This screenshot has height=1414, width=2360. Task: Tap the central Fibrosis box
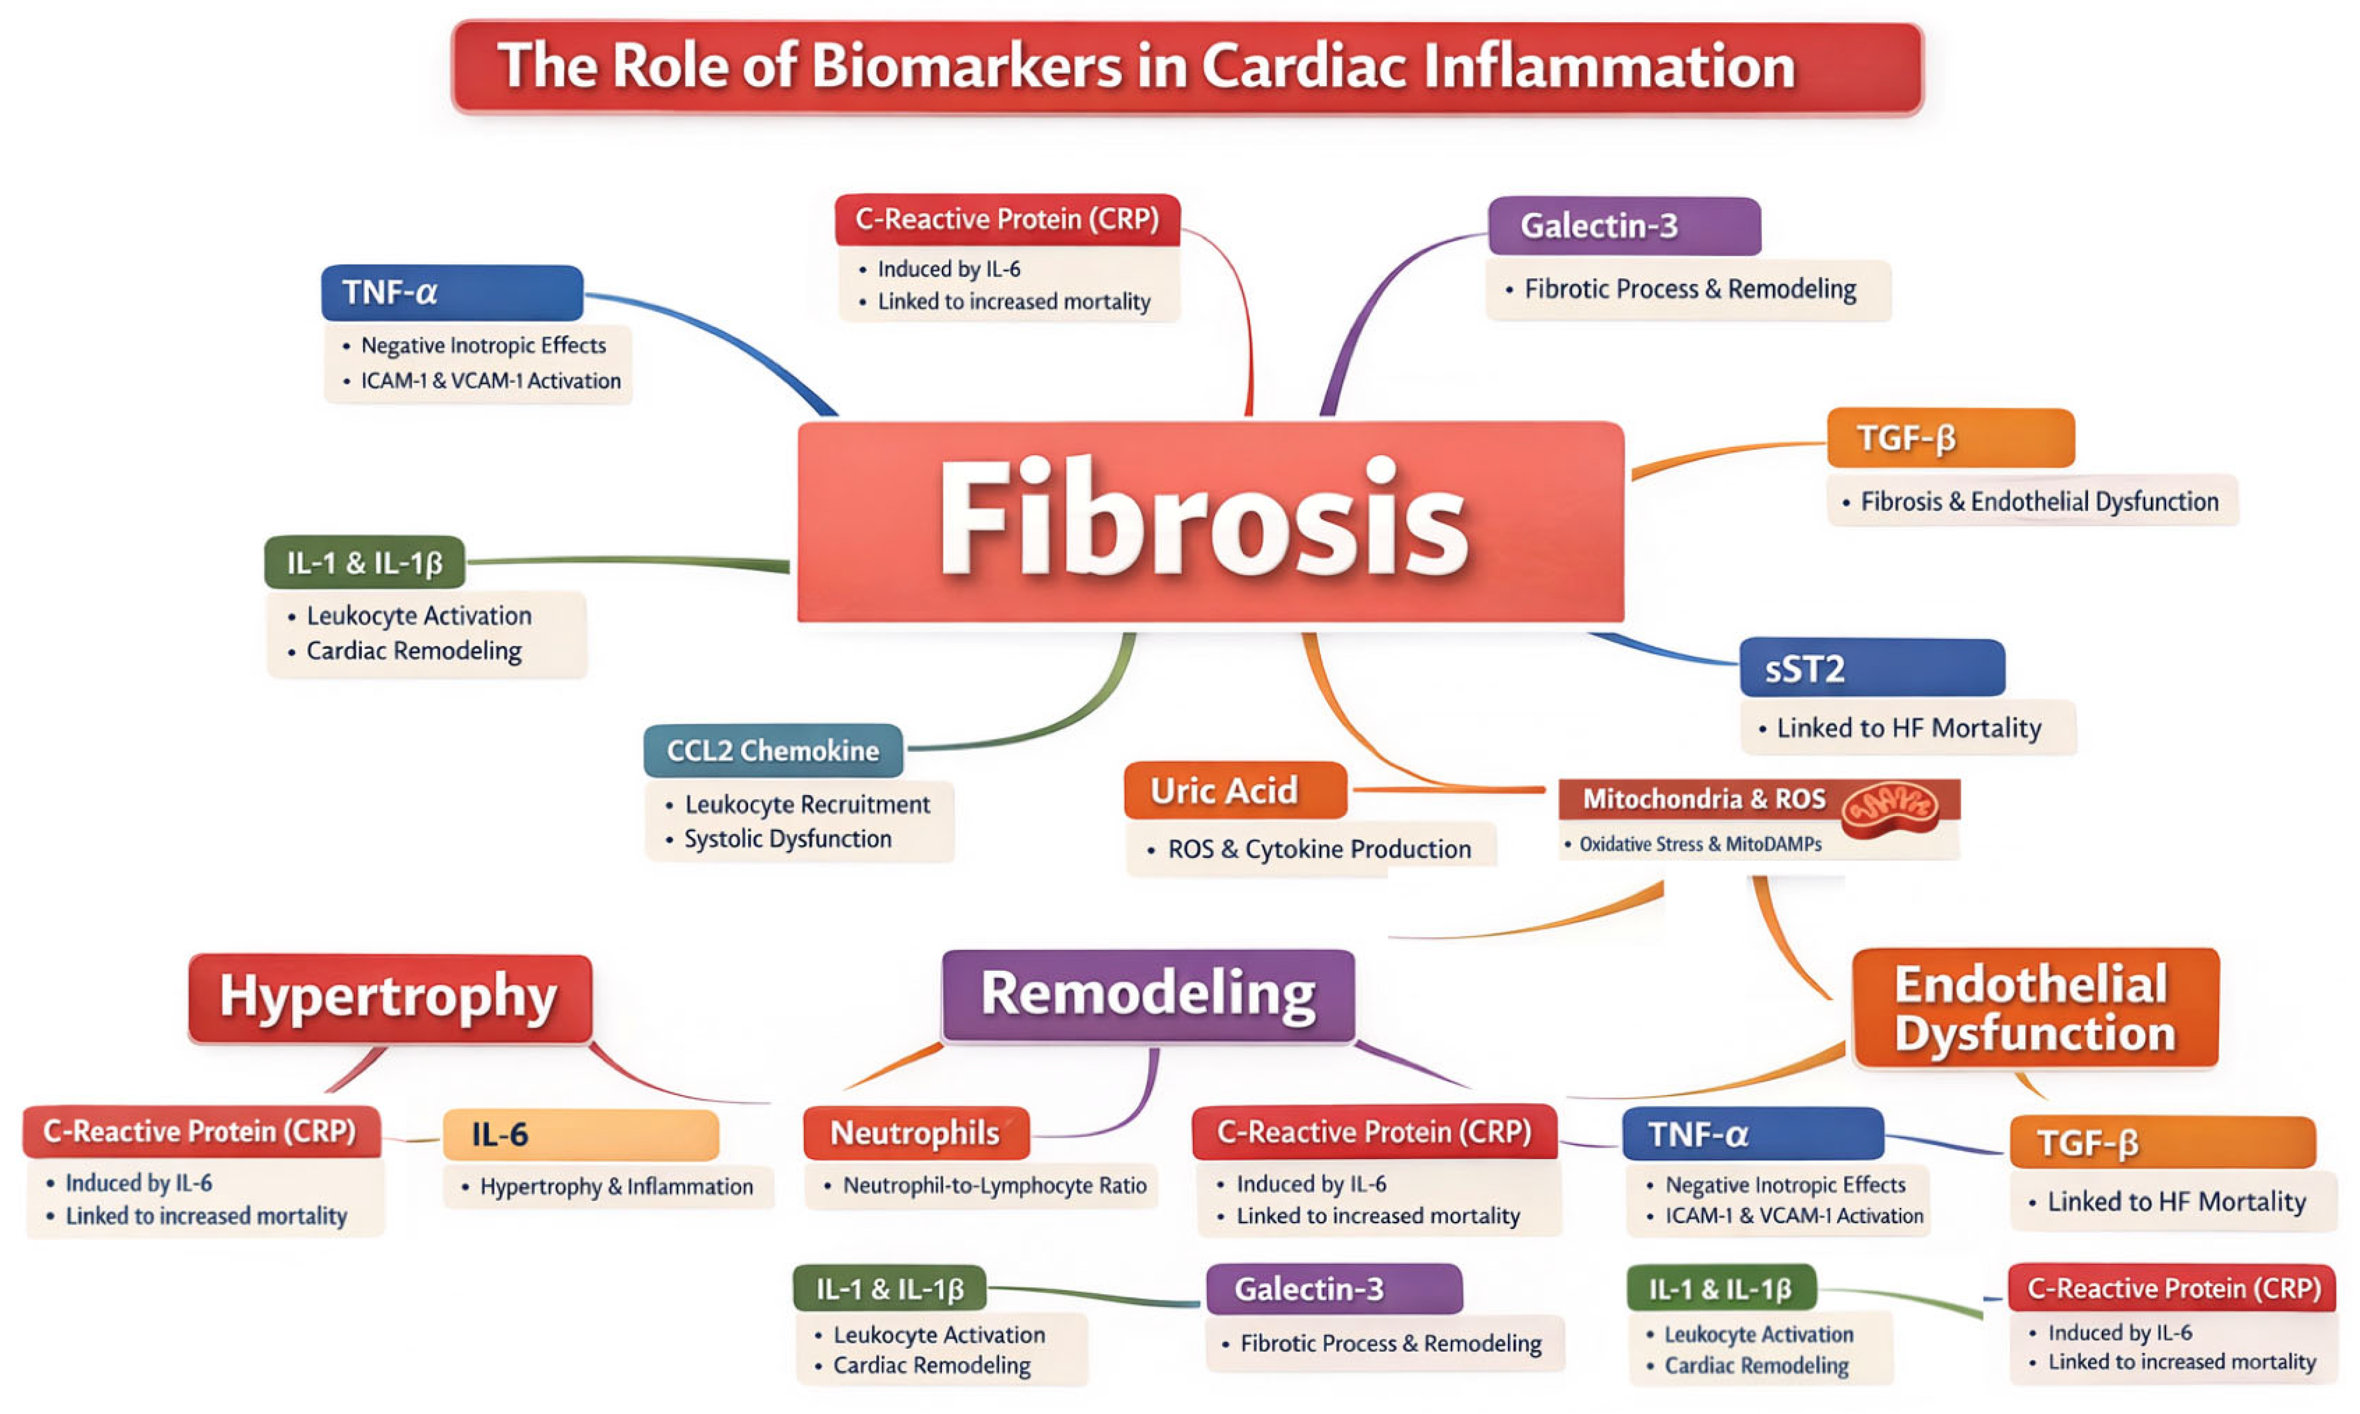(1209, 521)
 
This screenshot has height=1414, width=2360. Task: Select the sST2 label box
(1871, 668)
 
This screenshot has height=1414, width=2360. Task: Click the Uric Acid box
(1234, 790)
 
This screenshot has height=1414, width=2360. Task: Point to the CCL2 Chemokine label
(772, 751)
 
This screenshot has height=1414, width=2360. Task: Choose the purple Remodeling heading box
(1147, 995)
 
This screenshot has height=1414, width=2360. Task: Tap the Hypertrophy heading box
(389, 997)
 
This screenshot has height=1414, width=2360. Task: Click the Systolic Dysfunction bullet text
(788, 840)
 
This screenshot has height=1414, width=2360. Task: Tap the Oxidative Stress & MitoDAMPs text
(1700, 844)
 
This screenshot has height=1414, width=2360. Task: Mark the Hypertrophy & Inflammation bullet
(616, 1187)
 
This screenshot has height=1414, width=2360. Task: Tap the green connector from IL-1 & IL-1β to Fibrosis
(629, 561)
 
